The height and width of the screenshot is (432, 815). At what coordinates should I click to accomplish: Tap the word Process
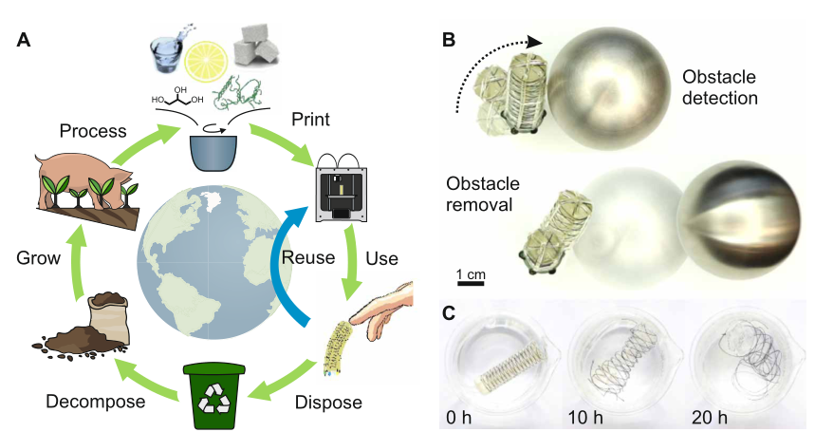click(x=92, y=130)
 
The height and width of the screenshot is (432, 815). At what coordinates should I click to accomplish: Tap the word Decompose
click(x=95, y=402)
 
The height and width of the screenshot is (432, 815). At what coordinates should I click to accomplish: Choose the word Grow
click(x=40, y=258)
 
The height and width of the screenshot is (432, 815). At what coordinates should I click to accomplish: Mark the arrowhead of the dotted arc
click(x=536, y=42)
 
